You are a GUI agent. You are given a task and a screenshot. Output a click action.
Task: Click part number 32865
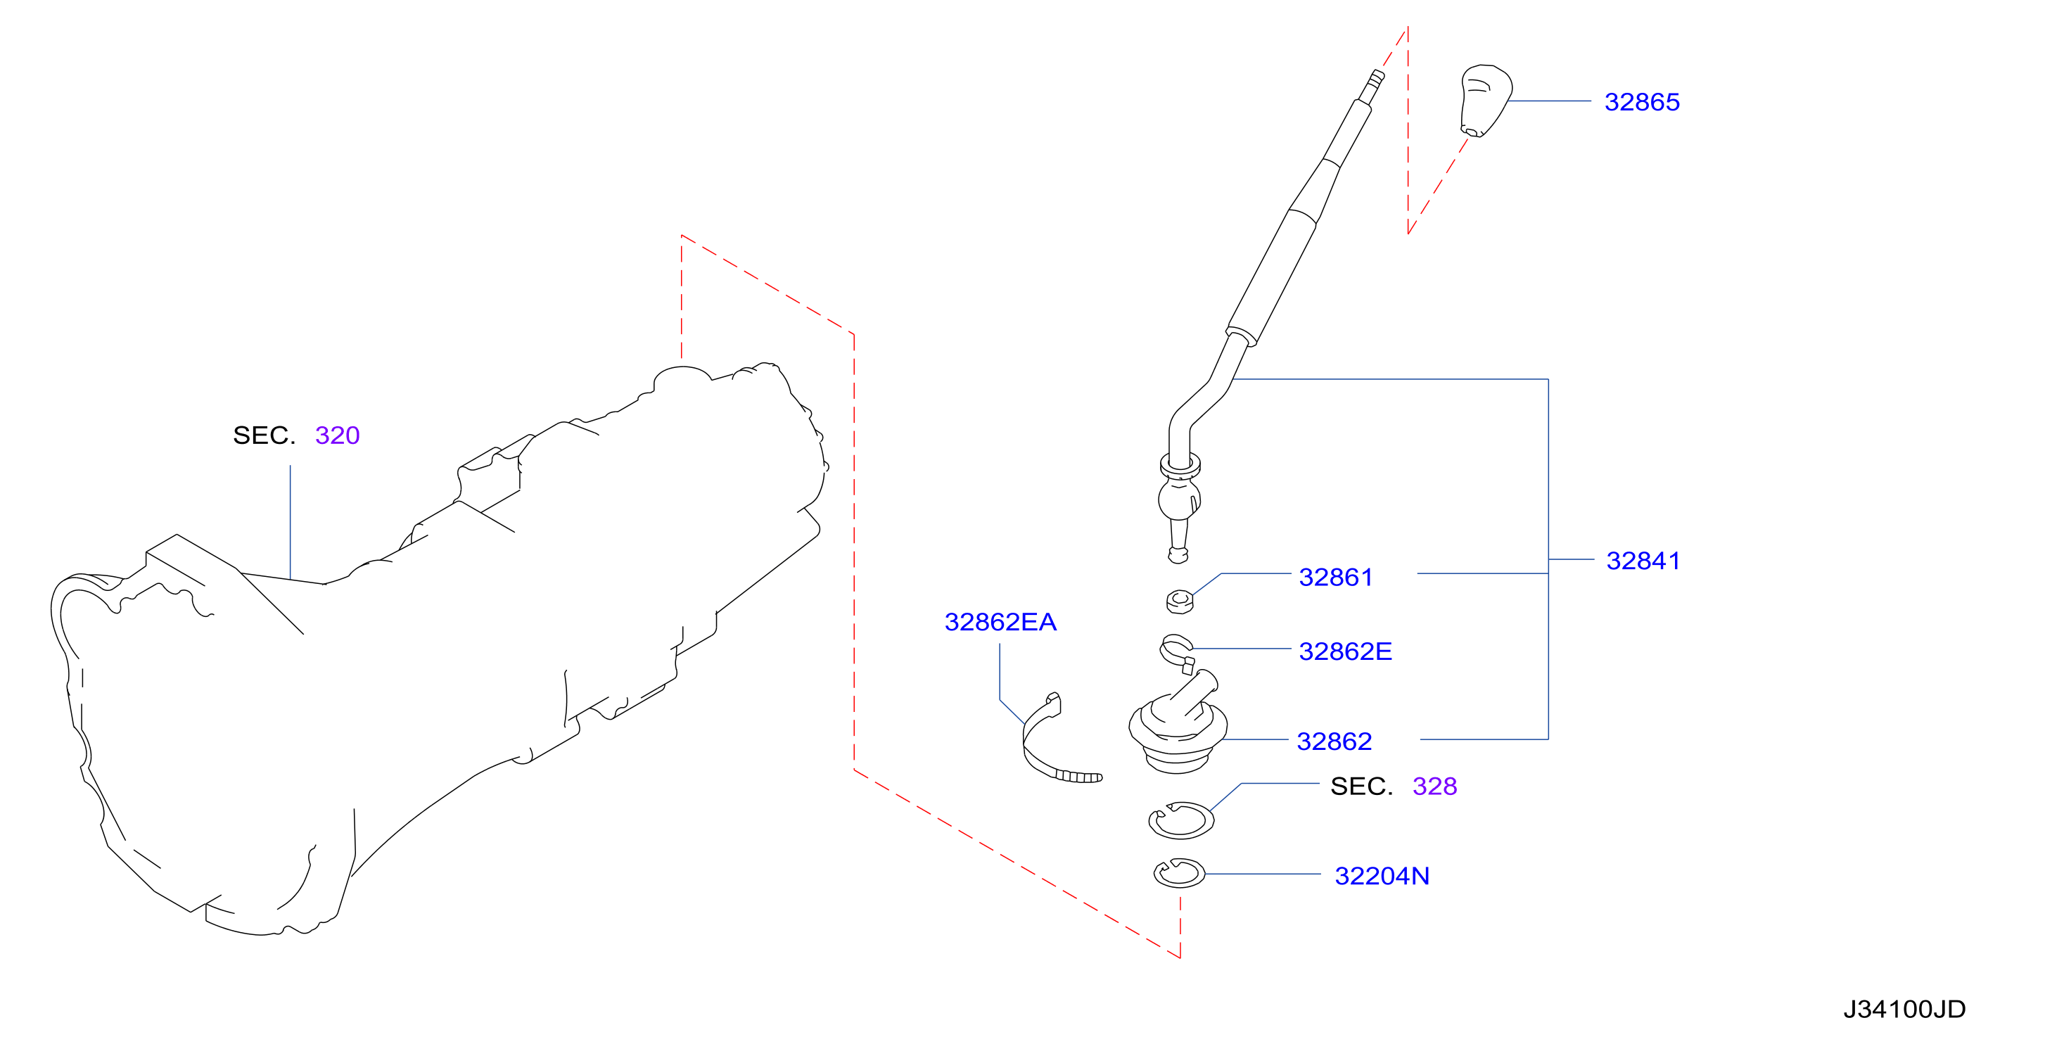pyautogui.click(x=1641, y=101)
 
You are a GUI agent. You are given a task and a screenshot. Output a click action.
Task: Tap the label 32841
pyautogui.click(x=1643, y=561)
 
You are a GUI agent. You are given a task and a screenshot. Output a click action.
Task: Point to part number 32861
pyautogui.click(x=1335, y=577)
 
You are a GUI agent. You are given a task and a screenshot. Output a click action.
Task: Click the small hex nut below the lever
pyautogui.click(x=1180, y=601)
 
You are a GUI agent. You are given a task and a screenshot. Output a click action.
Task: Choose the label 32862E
pyautogui.click(x=1345, y=651)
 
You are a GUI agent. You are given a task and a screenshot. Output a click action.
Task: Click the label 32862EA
pyautogui.click(x=1000, y=622)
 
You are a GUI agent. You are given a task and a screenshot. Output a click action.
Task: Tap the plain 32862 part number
pyautogui.click(x=1334, y=741)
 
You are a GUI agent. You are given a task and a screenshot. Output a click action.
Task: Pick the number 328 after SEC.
pyautogui.click(x=1434, y=786)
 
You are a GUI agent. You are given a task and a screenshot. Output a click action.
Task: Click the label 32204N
pyautogui.click(x=1382, y=876)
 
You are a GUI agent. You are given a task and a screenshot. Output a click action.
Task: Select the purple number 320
pyautogui.click(x=338, y=435)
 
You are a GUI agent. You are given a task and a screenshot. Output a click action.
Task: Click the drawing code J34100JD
pyautogui.click(x=1904, y=1008)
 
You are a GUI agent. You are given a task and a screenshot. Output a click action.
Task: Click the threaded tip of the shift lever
pyautogui.click(x=1375, y=80)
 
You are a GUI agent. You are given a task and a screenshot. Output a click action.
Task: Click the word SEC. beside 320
pyautogui.click(x=264, y=435)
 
